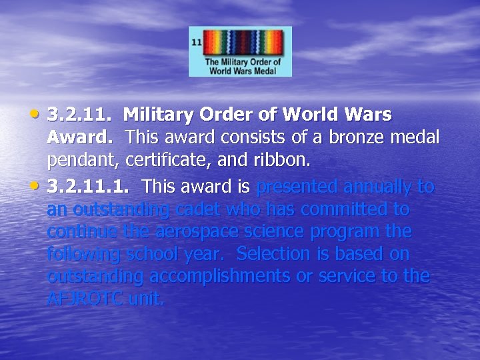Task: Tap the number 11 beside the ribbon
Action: [x=197, y=41]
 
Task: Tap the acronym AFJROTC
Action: [x=85, y=299]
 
